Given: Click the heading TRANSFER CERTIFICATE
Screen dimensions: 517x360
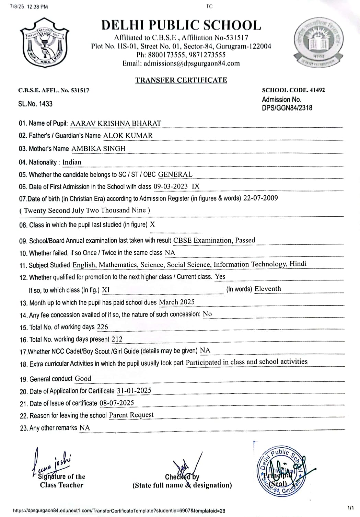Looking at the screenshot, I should click(x=181, y=80).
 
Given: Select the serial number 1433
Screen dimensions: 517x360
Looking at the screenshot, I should click(x=46, y=104).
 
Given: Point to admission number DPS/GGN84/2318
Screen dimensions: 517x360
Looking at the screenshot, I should click(x=287, y=108).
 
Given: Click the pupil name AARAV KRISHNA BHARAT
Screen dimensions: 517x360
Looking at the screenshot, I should click(x=116, y=123).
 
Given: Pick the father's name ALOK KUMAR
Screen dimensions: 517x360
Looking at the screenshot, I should click(x=128, y=136).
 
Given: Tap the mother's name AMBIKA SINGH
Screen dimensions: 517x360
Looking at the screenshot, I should click(x=98, y=149).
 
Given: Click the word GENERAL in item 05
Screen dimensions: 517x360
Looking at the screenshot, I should click(x=175, y=174).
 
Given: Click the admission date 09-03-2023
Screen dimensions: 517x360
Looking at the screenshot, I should click(x=171, y=186).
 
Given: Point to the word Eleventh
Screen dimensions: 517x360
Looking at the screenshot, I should click(x=268, y=289).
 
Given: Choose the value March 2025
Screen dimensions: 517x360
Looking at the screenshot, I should click(x=177, y=302).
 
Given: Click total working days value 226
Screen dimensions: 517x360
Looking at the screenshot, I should click(x=102, y=327).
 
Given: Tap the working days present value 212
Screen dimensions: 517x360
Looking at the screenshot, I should click(x=117, y=339).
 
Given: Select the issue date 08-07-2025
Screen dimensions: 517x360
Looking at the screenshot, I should click(x=117, y=403).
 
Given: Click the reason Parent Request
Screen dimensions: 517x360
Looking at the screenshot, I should click(x=131, y=415).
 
